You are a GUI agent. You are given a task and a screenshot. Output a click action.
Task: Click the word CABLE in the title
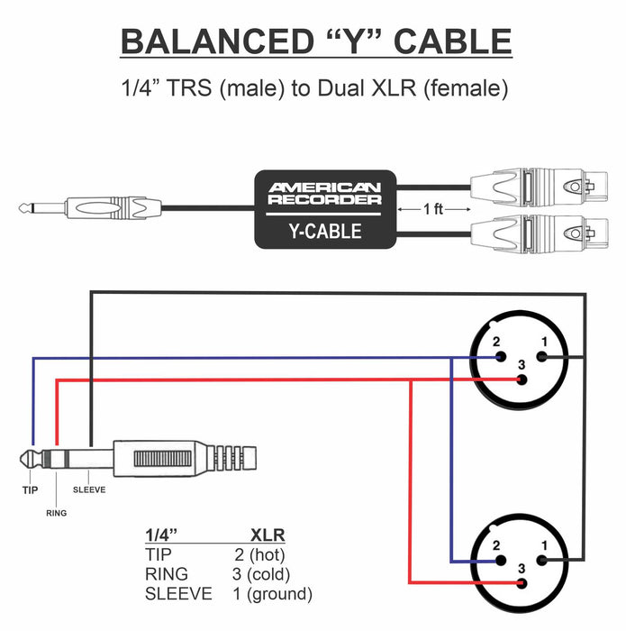point(458,42)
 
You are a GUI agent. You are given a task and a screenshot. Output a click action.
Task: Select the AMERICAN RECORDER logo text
point(324,193)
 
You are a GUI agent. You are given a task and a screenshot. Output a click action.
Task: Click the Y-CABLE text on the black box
point(324,231)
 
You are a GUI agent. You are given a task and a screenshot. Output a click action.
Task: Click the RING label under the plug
point(55,512)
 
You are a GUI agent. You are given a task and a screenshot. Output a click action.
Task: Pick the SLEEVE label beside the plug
point(89,489)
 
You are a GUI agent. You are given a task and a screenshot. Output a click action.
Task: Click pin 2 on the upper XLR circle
point(501,357)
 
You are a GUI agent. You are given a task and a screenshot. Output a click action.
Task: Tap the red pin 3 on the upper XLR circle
point(522,380)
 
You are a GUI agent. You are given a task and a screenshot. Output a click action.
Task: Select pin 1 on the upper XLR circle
point(542,357)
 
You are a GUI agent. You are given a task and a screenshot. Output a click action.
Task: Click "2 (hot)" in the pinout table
point(260,554)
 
